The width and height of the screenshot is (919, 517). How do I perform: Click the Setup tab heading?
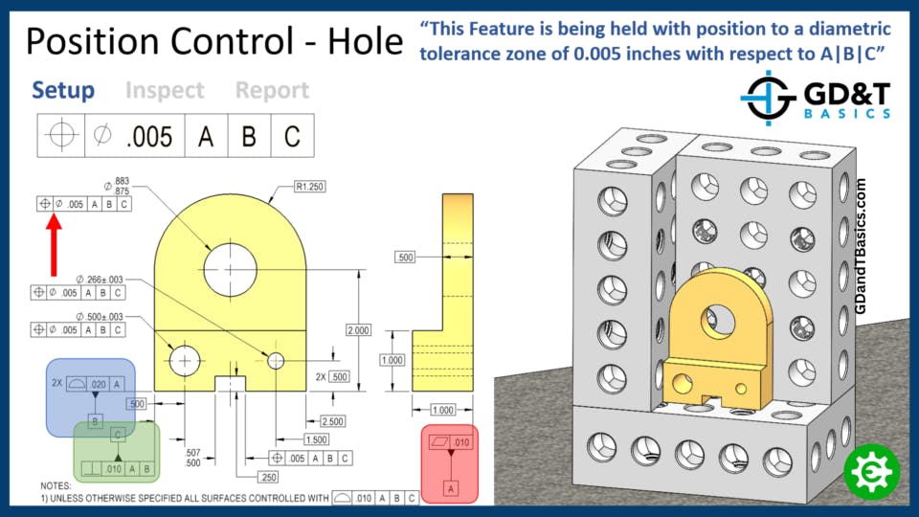coord(63,91)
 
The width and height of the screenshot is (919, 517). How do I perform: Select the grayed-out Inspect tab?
coord(165,91)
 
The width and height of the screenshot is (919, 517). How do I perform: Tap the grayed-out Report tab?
coord(272,91)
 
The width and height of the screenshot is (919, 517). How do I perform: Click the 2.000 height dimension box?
coord(358,329)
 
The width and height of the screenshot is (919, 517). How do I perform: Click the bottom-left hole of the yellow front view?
coord(185,360)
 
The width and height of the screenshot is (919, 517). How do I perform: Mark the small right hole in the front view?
coord(276,360)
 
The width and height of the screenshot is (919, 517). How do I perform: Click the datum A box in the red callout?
coord(449,488)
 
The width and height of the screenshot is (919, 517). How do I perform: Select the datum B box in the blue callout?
coord(95,421)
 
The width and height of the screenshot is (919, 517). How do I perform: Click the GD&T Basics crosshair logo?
coord(770,99)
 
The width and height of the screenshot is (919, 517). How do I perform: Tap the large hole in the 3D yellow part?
coord(715,322)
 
